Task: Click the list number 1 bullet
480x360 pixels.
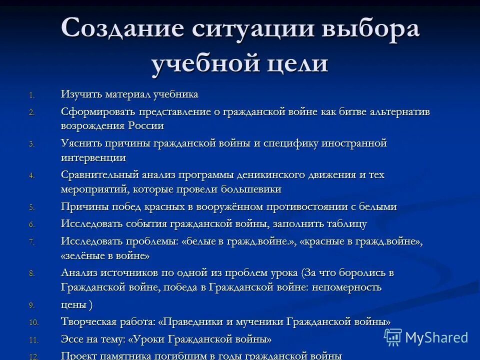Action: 31,95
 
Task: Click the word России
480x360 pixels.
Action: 145,126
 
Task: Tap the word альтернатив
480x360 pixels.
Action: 397,111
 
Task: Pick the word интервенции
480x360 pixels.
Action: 93,157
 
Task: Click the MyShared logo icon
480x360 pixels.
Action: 393,337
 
